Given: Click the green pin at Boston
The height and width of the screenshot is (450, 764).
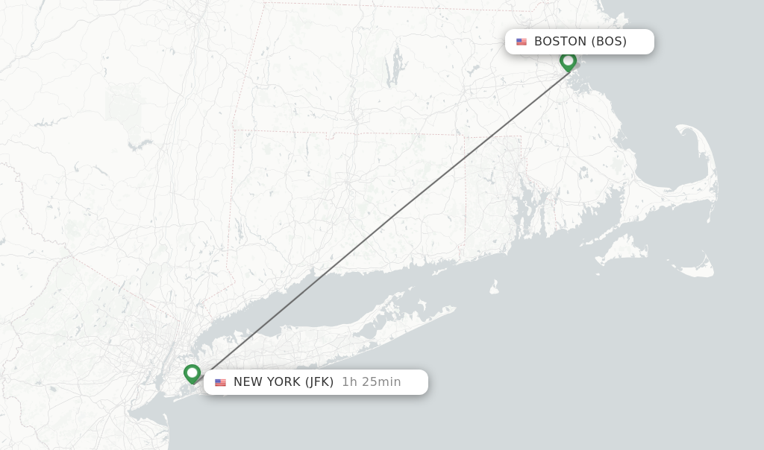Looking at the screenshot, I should [x=568, y=61].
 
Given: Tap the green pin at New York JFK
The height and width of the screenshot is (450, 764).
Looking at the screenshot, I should [x=192, y=373].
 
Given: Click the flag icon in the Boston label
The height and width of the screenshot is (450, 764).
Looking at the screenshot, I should [x=522, y=42].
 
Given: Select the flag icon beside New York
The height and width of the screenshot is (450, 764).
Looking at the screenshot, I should [x=220, y=382].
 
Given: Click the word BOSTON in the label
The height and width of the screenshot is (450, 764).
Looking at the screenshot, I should [x=560, y=42].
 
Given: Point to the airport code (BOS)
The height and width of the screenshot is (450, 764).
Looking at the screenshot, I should [x=609, y=42].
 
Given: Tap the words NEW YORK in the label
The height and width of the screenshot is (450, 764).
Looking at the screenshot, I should [x=267, y=382].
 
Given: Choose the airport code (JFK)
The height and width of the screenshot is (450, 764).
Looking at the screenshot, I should [x=319, y=382].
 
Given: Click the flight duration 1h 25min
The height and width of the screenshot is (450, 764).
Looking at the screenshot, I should [x=371, y=382].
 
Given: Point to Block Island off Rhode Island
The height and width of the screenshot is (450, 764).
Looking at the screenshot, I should [x=493, y=287].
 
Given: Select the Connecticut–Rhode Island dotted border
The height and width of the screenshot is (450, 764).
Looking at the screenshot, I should [x=465, y=194].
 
